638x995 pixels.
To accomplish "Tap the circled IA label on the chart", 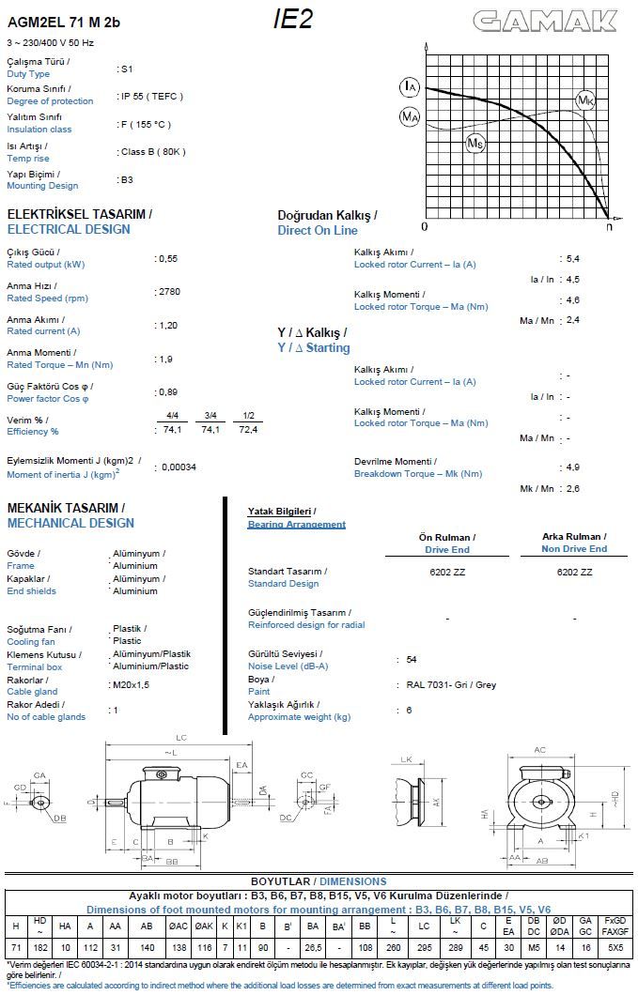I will (x=410, y=88).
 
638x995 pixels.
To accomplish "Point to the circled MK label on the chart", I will (x=585, y=99).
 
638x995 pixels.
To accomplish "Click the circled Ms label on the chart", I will (x=475, y=143).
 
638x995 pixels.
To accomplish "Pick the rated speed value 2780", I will (x=169, y=292).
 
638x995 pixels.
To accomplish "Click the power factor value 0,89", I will (x=168, y=392).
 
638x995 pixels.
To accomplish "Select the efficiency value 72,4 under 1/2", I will (x=247, y=429).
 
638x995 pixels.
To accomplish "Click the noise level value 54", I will (x=412, y=660).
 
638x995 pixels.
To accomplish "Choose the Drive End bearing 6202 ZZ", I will (x=446, y=572).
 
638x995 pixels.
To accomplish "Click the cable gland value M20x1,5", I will (x=131, y=685).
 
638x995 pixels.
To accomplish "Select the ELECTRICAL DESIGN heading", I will (x=69, y=229).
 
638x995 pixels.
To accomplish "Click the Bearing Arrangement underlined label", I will (x=296, y=524).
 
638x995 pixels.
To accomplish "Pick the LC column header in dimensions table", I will (x=424, y=925).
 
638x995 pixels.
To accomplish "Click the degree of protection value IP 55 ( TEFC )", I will (x=151, y=96).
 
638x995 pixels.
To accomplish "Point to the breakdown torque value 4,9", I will (x=571, y=467).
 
